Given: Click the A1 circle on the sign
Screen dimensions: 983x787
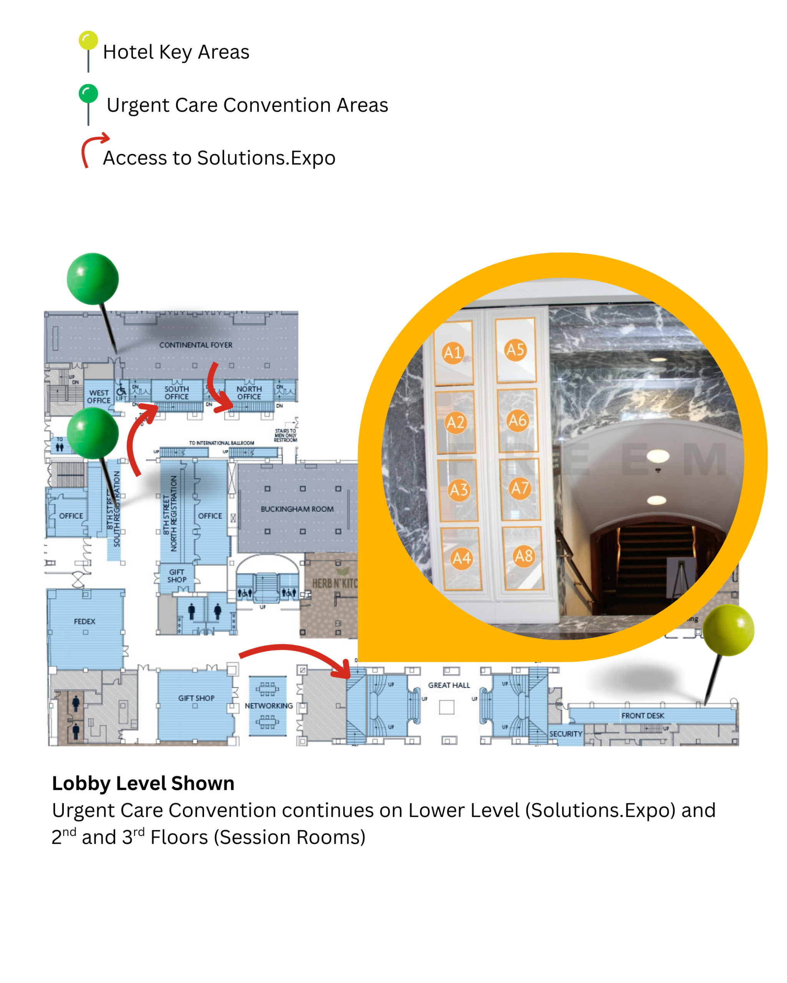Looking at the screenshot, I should pyautogui.click(x=453, y=353).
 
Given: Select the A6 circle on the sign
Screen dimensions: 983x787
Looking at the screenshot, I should pyautogui.click(x=517, y=420).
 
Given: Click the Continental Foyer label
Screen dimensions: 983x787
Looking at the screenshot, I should pyautogui.click(x=195, y=345).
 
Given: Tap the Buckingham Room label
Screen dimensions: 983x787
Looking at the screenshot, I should pyautogui.click(x=297, y=509).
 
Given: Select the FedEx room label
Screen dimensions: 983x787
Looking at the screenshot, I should pyautogui.click(x=85, y=621).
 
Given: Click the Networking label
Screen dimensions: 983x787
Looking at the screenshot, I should pyautogui.click(x=269, y=706).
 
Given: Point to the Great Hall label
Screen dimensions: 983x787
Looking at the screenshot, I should pyautogui.click(x=448, y=685).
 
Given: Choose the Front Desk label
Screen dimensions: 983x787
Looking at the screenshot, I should pyautogui.click(x=643, y=716).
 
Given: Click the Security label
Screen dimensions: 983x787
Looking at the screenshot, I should pyautogui.click(x=565, y=734).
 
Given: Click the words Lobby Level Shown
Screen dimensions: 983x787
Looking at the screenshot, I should pyautogui.click(x=143, y=783).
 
